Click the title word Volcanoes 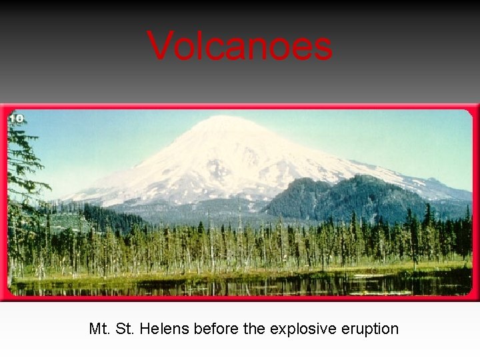[x=239, y=47]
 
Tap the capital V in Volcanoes [x=159, y=47]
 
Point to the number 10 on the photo [x=16, y=119]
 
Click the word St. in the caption [x=126, y=329]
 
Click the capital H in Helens [x=147, y=329]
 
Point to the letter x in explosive [x=276, y=329]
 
